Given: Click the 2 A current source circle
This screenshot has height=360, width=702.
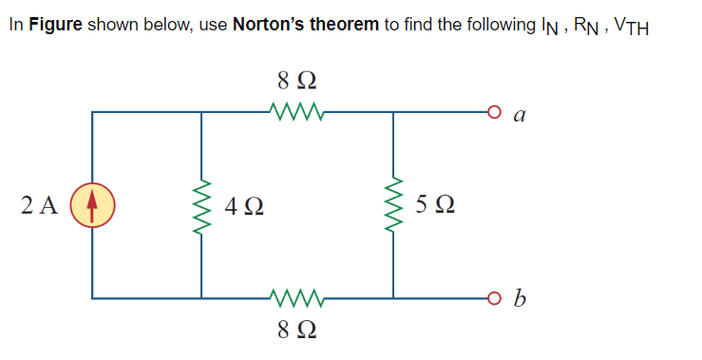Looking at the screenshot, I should click(x=92, y=204).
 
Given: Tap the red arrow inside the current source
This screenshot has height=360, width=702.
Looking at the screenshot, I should click(x=92, y=204).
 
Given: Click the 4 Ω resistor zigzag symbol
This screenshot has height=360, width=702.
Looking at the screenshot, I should click(x=201, y=204).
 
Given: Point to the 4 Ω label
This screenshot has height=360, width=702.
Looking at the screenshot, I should click(x=245, y=204).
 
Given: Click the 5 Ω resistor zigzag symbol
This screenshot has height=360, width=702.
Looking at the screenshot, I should click(x=391, y=204).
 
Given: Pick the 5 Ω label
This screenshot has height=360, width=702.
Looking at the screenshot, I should click(x=434, y=204).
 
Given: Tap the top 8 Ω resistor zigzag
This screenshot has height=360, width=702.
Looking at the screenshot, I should click(x=297, y=113).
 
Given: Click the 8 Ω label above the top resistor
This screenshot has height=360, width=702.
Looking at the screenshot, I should click(x=296, y=78).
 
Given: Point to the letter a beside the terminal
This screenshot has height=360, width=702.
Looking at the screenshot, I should click(x=519, y=114).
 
